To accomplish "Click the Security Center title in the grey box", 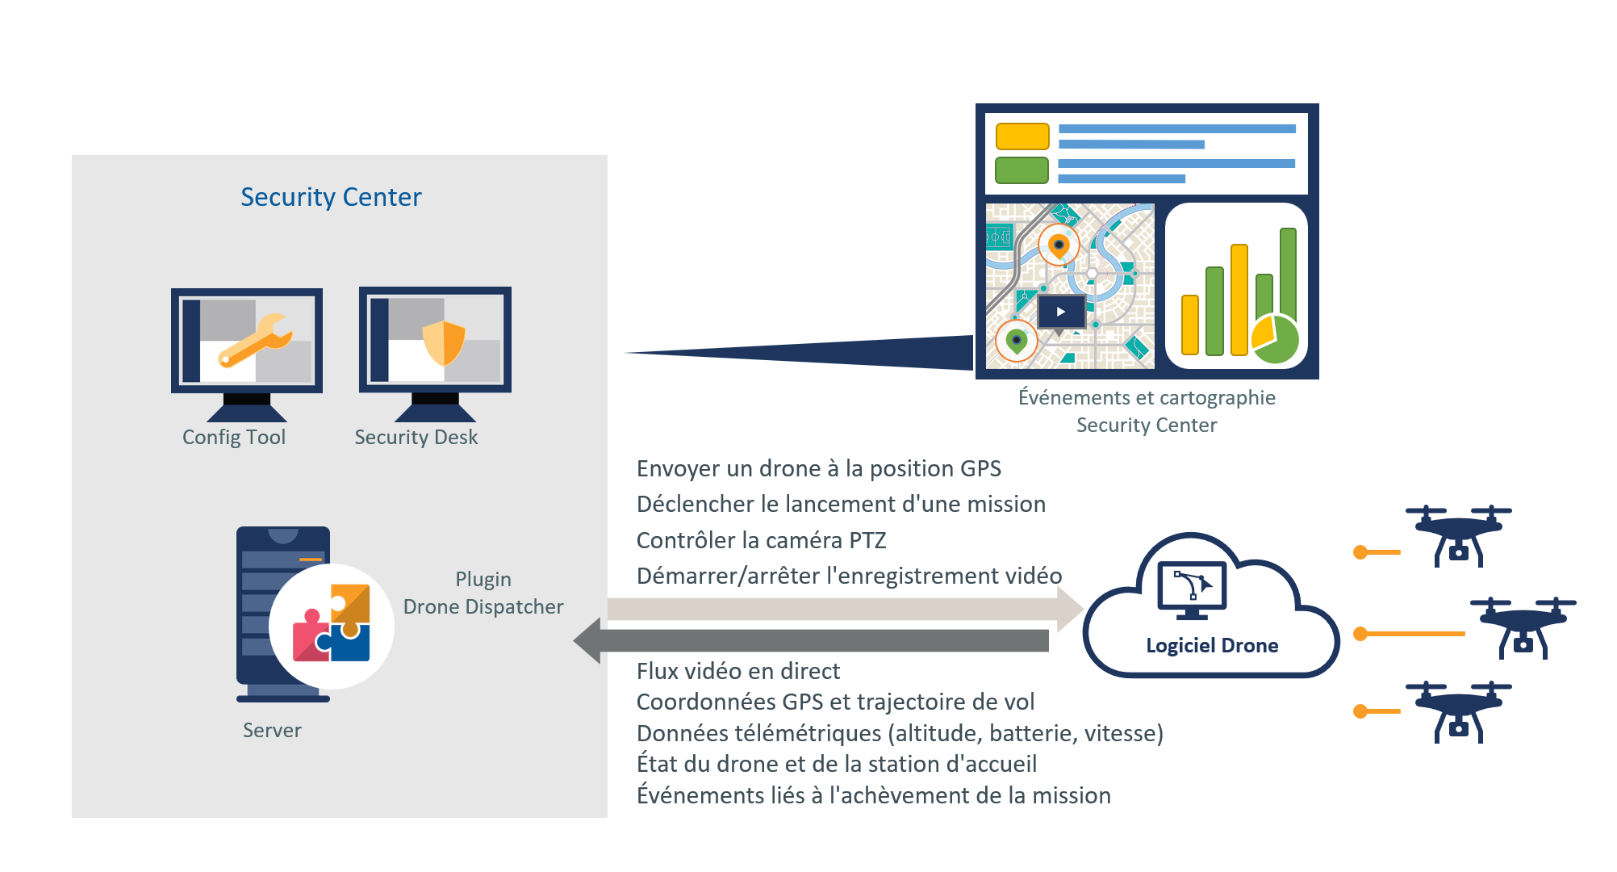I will coord(331,197).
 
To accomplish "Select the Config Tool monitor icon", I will coord(247,351).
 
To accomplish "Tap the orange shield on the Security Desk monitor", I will coord(444,342).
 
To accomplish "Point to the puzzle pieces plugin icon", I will coord(332,624).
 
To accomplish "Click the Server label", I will coord(272,730).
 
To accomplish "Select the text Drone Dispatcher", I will coord(483,606).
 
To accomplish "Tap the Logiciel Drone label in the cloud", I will coord(1211,645).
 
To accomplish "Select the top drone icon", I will coord(1458,535).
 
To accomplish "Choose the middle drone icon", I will coord(1523,627).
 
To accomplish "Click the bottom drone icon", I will coord(1458,711).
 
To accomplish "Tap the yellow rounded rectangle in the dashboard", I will coord(1022,136).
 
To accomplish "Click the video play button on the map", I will coord(1061,312).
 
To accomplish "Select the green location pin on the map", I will coord(1017,340).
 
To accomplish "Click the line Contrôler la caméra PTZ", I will coord(761,540).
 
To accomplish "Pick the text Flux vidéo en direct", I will coord(737,671).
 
